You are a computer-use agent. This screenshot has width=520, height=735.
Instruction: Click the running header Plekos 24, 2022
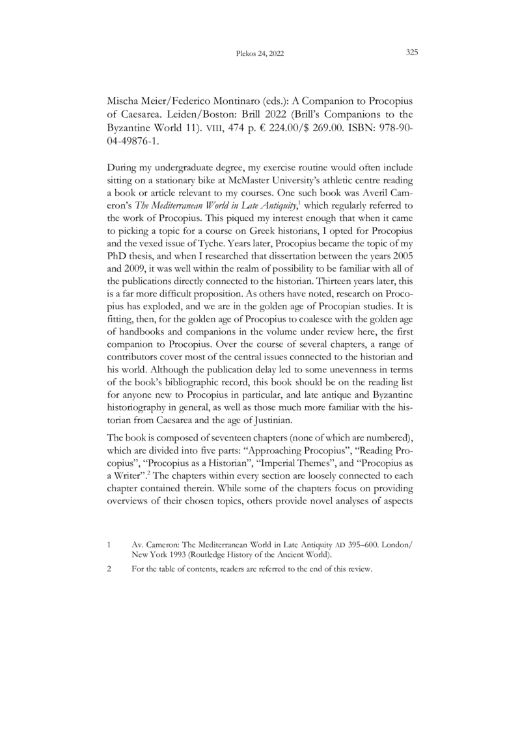coord(260,53)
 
